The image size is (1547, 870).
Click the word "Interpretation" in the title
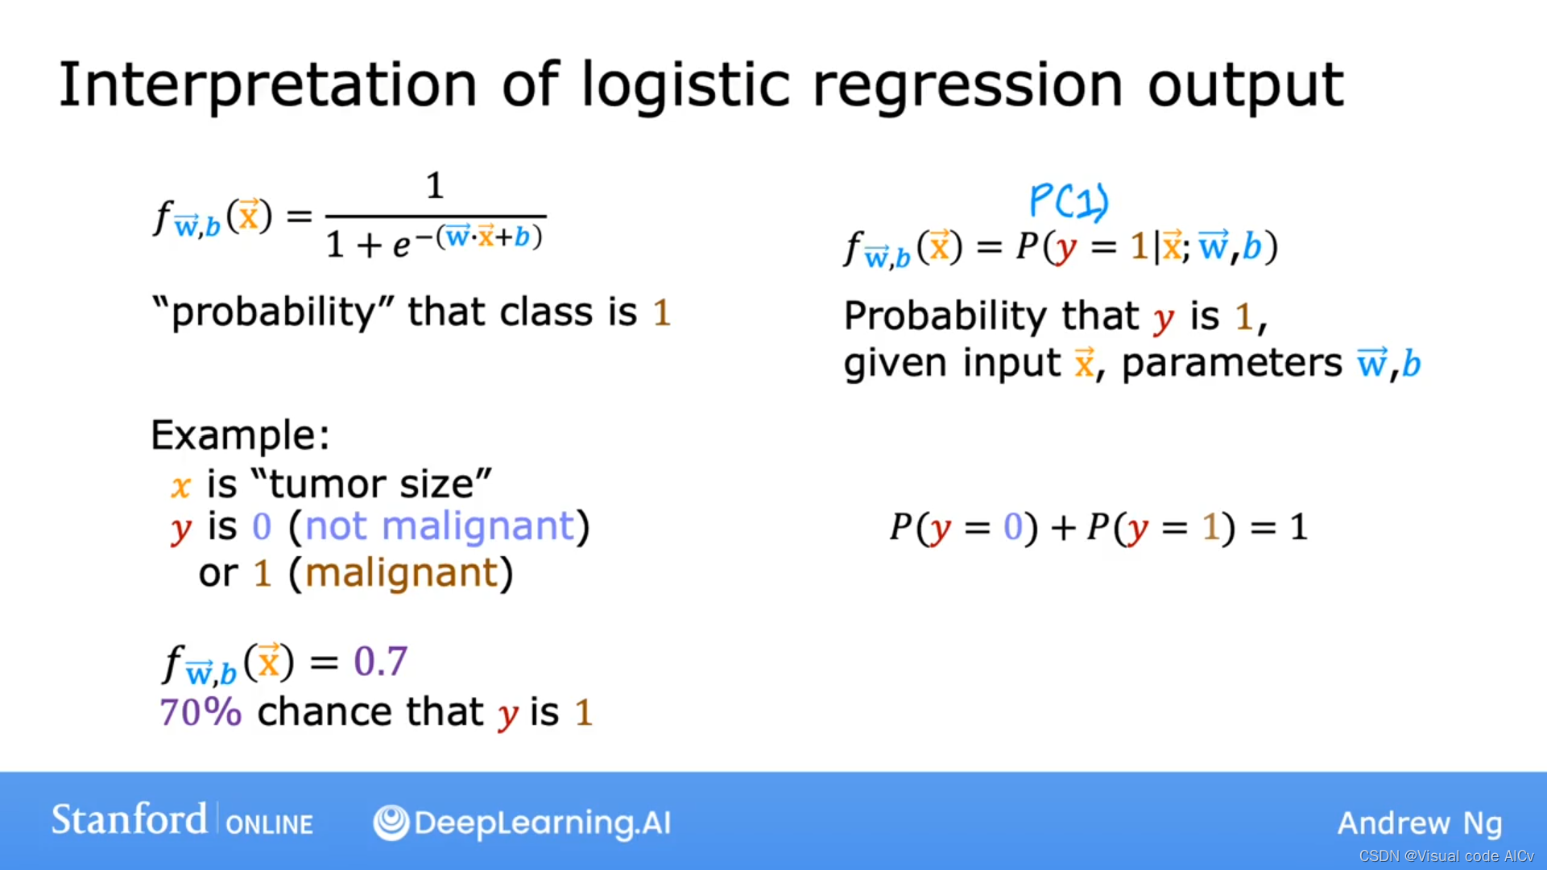tap(268, 85)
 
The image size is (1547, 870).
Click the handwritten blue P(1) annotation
tap(1069, 200)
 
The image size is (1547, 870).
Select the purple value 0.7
tap(381, 662)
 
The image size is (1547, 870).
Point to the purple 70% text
tap(201, 711)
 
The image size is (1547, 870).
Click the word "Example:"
tap(240, 435)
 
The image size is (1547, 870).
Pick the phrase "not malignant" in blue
tap(440, 527)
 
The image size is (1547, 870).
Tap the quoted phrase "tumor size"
tap(371, 484)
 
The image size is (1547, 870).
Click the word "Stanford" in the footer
tap(129, 820)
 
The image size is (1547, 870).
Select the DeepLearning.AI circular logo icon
tap(391, 823)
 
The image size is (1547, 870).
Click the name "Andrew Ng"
tap(1420, 823)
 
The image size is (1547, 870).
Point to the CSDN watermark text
tap(1446, 856)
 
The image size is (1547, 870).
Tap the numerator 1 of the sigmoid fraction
tap(435, 186)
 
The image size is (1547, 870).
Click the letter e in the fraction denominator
tap(401, 245)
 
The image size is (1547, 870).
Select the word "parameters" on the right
tap(1232, 364)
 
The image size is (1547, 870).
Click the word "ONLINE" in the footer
tap(269, 825)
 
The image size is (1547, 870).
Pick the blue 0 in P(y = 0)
tap(1013, 528)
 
